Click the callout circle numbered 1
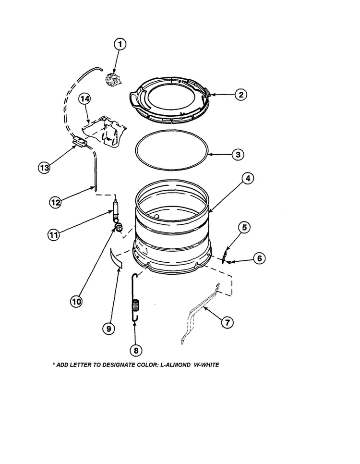pos(120,44)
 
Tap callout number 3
pos(237,155)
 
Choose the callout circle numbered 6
pos(259,258)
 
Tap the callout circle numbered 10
pos(76,301)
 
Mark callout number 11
pos(54,235)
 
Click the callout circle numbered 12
pos(56,202)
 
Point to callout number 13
pos(45,168)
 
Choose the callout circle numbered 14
pos(84,98)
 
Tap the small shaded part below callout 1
pos(113,79)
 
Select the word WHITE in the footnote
pos(210,365)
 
